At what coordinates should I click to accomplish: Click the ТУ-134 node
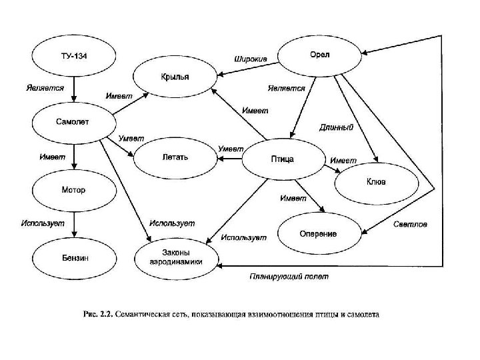click(74, 55)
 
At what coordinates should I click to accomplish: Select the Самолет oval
click(74, 121)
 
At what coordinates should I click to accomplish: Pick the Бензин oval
click(74, 257)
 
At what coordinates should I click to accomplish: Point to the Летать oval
click(175, 158)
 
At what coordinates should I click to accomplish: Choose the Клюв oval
click(375, 181)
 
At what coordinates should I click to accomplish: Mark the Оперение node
click(317, 234)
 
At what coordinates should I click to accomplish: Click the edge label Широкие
click(250, 59)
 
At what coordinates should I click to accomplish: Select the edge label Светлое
click(410, 224)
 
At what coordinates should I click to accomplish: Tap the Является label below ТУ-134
click(45, 87)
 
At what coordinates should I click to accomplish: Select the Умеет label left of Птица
click(231, 148)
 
